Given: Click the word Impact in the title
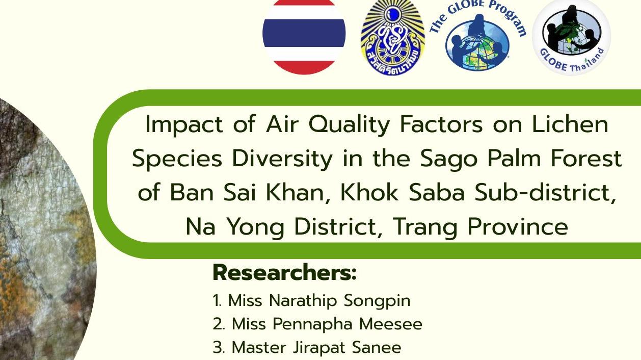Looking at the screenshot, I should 184,125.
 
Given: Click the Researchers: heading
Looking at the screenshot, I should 284,273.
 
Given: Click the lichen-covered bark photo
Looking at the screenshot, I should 41,229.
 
